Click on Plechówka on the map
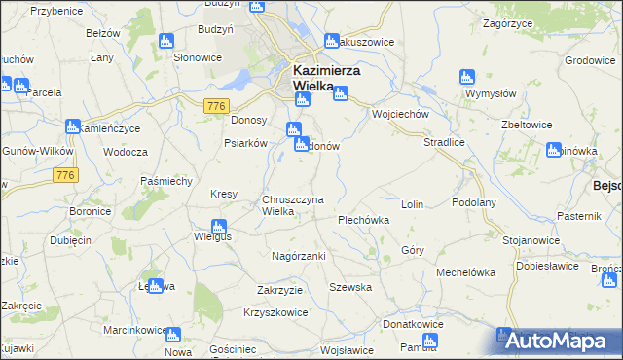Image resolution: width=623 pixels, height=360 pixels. click(x=363, y=220)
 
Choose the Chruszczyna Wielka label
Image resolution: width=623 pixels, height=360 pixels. click(x=291, y=205)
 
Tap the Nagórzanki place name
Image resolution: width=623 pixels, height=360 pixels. click(x=298, y=256)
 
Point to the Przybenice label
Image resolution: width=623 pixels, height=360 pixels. click(x=55, y=11)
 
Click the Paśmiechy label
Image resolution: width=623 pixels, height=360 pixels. click(x=165, y=181)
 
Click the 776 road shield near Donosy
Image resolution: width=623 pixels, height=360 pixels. click(x=216, y=105)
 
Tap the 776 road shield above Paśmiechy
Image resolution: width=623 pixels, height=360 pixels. click(x=65, y=174)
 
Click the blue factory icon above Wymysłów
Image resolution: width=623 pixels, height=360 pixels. click(x=465, y=76)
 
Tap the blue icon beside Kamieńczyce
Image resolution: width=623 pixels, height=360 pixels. click(x=72, y=126)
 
